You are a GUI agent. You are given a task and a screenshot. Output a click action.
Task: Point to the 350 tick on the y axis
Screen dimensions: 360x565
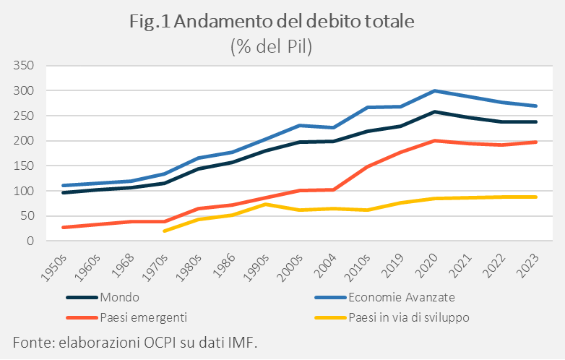(x=25, y=66)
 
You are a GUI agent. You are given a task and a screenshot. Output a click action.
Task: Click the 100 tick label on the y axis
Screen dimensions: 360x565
(x=25, y=191)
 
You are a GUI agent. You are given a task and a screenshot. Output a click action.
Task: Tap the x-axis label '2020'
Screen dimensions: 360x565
(x=434, y=265)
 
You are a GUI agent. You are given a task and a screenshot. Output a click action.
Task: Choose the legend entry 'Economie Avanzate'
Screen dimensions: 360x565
(x=401, y=297)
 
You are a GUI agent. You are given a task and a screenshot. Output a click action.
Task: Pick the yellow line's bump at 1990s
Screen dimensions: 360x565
(x=265, y=204)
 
